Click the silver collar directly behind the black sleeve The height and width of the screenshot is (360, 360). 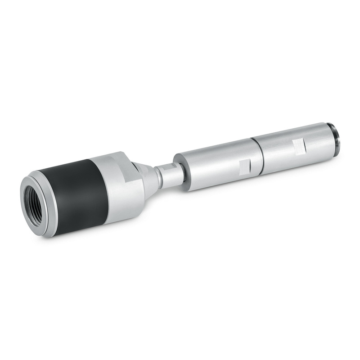[x=119, y=189]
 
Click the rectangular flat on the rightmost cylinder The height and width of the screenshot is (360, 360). [x=298, y=145]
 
